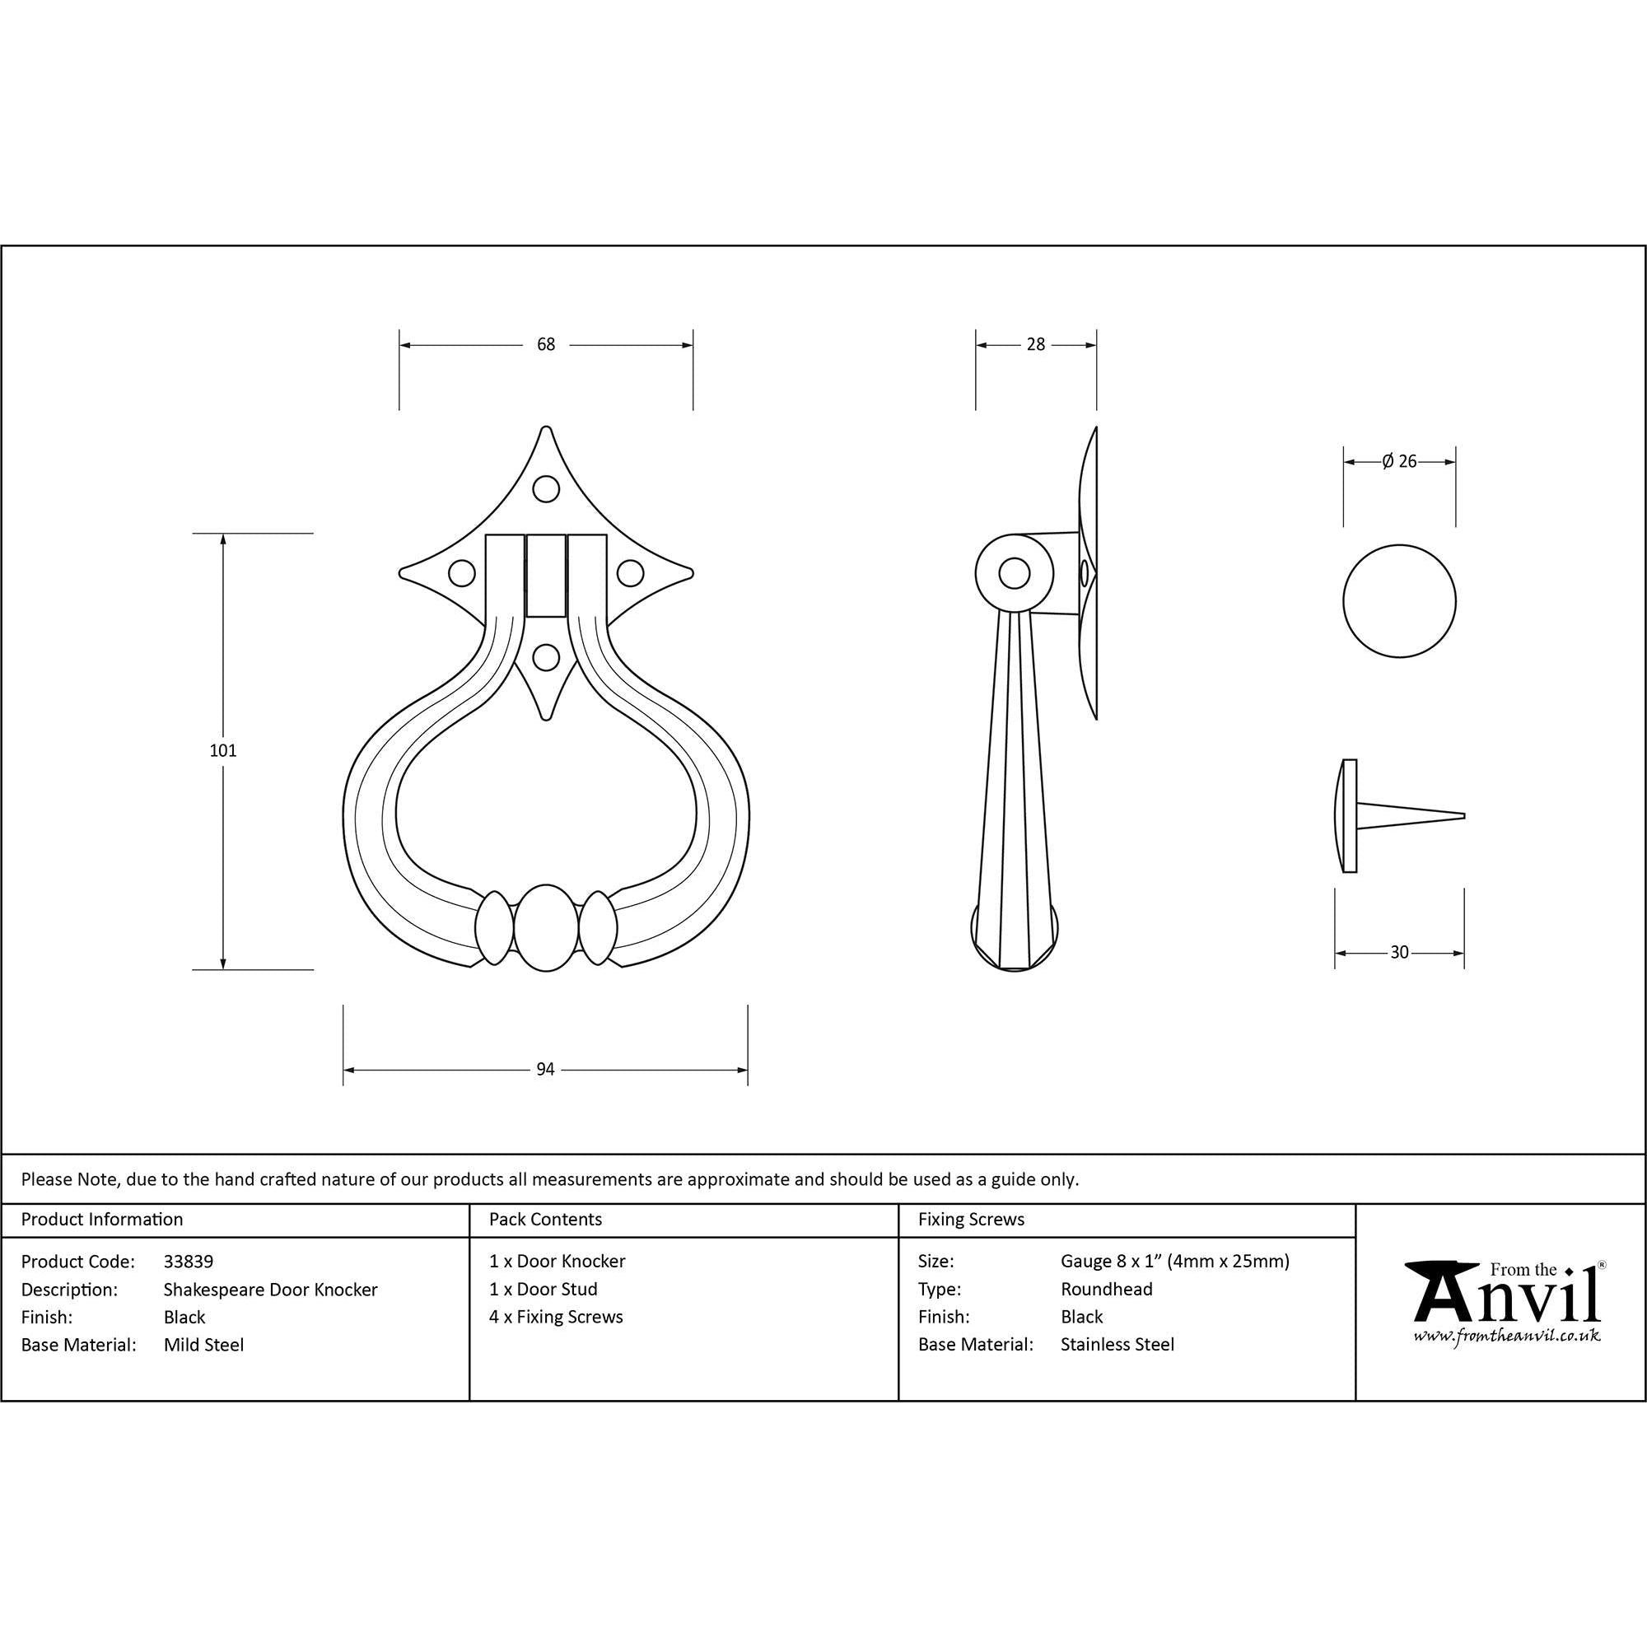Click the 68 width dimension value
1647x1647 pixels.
pyautogui.click(x=546, y=344)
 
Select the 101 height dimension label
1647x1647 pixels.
pyautogui.click(x=223, y=751)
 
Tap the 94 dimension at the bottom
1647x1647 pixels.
pyautogui.click(x=546, y=1069)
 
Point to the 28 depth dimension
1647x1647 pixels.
pyautogui.click(x=1035, y=344)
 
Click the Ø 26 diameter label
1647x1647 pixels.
pyautogui.click(x=1399, y=461)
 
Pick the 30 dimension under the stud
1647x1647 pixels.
pyautogui.click(x=1399, y=952)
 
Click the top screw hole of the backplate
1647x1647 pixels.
pyautogui.click(x=546, y=489)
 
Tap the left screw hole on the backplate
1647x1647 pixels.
pyautogui.click(x=462, y=573)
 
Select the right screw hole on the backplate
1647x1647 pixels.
pyautogui.click(x=630, y=573)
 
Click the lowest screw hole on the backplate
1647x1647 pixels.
pyautogui.click(x=546, y=657)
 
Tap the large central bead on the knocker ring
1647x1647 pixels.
pyautogui.click(x=546, y=927)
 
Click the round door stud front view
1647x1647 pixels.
pyautogui.click(x=1399, y=601)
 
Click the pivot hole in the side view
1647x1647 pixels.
pyautogui.click(x=1014, y=573)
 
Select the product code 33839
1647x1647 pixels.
pyautogui.click(x=189, y=1261)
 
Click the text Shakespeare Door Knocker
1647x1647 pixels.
pyautogui.click(x=270, y=1289)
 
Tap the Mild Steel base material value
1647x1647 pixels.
pyautogui.click(x=203, y=1345)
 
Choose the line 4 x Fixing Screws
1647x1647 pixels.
pyautogui.click(x=556, y=1316)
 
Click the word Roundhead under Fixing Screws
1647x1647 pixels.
pyautogui.click(x=1106, y=1289)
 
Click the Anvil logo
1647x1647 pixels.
pyautogui.click(x=1506, y=1302)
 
